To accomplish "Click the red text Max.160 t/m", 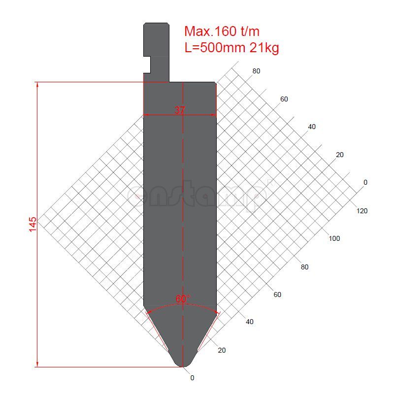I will (x=222, y=32).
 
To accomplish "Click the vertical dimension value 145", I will (x=33, y=224).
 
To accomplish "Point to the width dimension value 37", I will (x=180, y=110).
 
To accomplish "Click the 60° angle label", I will (x=183, y=299).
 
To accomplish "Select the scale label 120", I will (x=361, y=211).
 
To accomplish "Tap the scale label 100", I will (x=334, y=239).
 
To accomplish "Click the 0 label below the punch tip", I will (x=192, y=378).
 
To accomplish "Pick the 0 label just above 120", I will (x=365, y=182).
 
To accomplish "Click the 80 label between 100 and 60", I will (x=305, y=267).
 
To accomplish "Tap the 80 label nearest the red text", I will (x=256, y=71).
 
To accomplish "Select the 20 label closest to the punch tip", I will (x=222, y=350).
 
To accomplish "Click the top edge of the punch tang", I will (x=156, y=23).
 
